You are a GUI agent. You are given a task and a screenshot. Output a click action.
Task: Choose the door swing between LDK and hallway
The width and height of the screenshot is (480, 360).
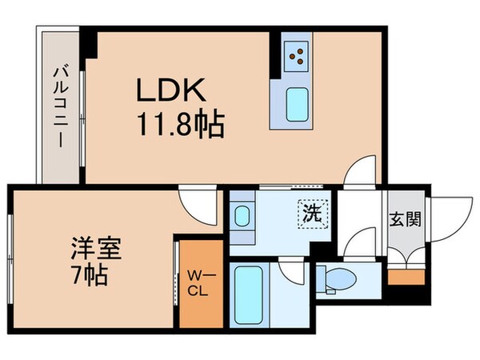362,171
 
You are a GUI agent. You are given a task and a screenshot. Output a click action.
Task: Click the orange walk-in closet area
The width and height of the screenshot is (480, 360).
197,282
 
